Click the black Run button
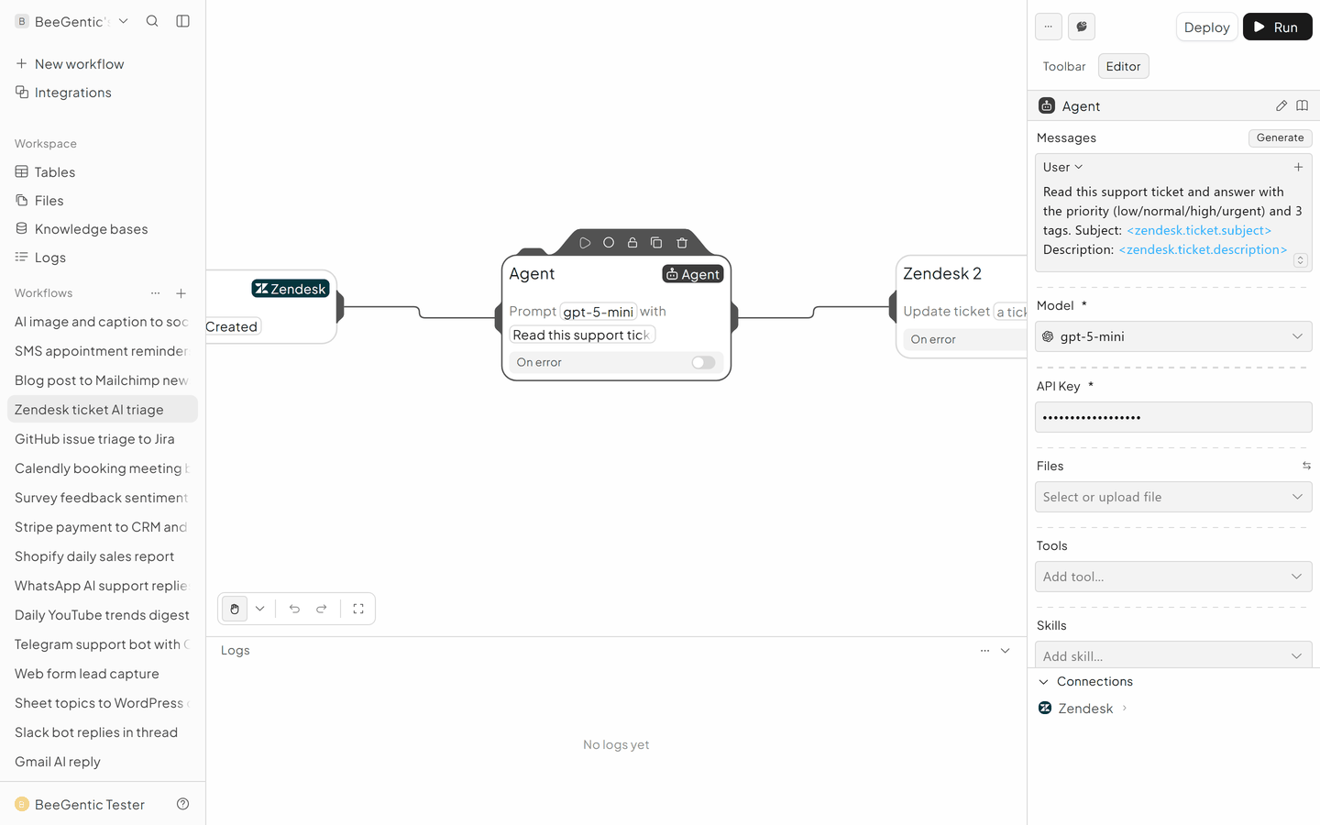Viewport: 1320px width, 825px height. [1277, 27]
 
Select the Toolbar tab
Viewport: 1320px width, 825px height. [1063, 66]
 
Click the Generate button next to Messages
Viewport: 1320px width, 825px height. [1280, 137]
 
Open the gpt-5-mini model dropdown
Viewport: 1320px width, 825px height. [1173, 336]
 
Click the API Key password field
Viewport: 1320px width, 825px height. [1173, 417]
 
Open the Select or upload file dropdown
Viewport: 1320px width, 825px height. [1173, 497]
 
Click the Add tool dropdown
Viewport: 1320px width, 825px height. [1173, 577]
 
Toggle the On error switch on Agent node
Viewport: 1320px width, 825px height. [703, 362]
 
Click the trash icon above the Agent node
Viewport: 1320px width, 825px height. [682, 243]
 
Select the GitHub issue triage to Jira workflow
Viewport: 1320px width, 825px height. [94, 439]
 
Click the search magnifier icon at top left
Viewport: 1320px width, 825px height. [152, 21]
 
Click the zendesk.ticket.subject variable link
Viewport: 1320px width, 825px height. [1199, 230]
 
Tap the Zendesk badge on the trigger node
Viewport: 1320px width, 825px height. [291, 289]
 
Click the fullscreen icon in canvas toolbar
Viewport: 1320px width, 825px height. [358, 609]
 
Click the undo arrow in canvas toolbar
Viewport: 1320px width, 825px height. [294, 609]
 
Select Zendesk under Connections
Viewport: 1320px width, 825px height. [1085, 709]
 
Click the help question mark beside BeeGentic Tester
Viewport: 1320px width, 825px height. [182, 805]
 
